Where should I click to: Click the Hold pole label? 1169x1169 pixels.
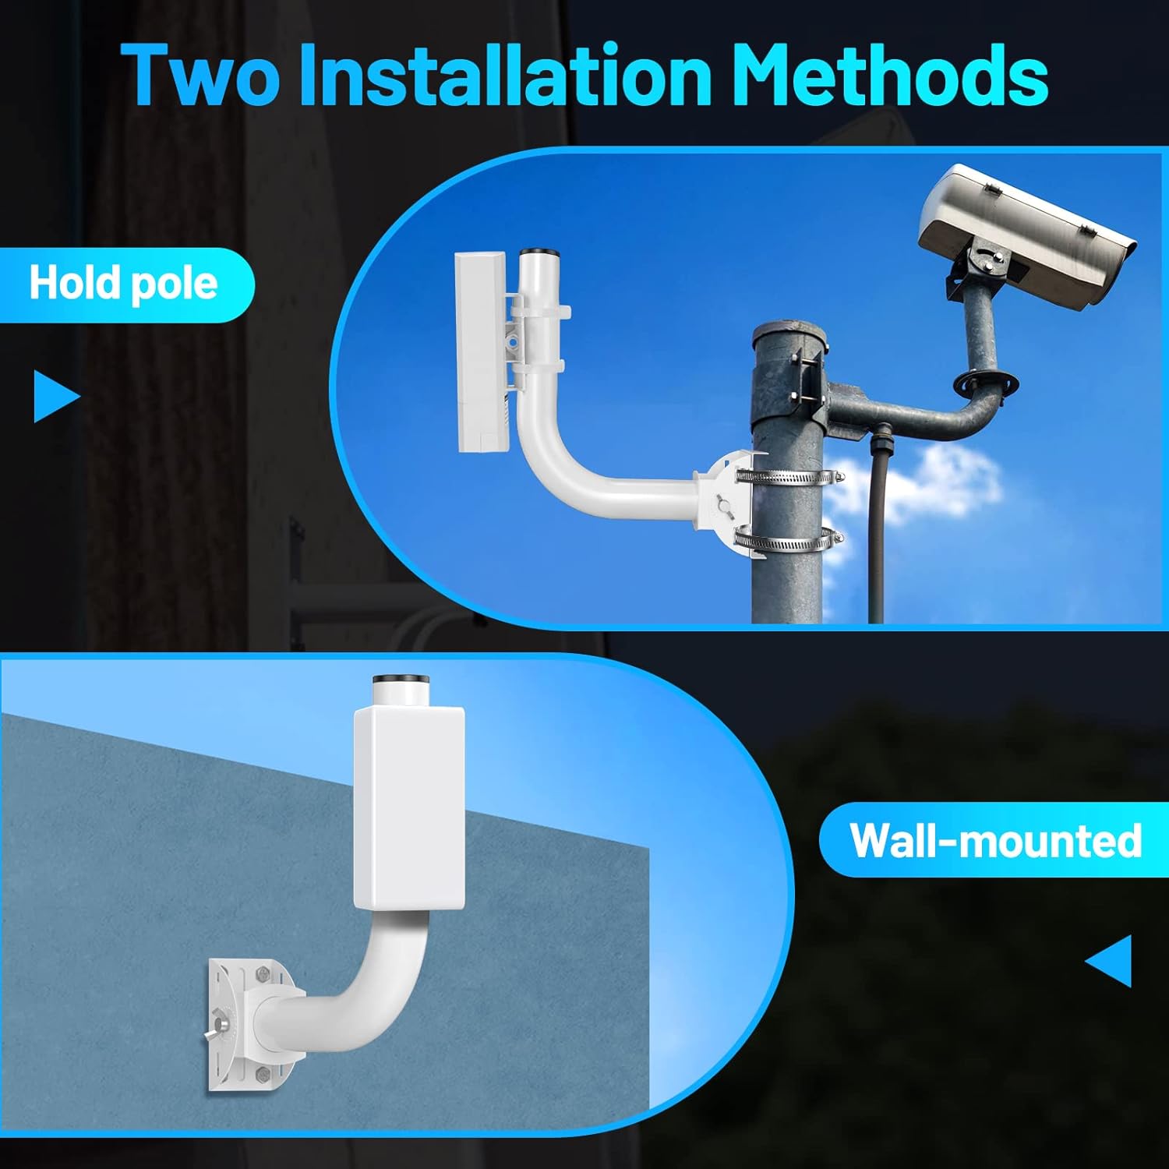123,284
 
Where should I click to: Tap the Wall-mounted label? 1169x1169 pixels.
995,840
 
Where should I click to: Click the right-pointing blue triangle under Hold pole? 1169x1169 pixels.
55,396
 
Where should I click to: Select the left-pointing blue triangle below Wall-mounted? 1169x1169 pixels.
1110,961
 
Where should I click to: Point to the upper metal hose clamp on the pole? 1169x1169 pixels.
789,475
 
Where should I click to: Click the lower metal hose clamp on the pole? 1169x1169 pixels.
789,538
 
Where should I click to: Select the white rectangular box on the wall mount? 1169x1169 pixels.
409,807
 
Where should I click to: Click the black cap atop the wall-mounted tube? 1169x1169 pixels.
402,680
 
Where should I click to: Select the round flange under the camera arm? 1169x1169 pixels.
986,383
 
